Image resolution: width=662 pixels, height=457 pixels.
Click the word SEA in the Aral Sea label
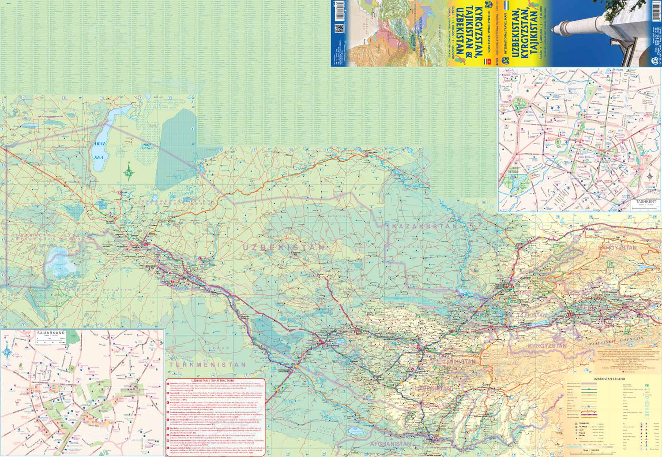pyautogui.click(x=98, y=157)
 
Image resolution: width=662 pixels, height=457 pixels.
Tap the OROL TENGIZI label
pyautogui.click(x=147, y=146)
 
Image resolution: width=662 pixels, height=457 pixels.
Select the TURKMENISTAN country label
pyautogui.click(x=207, y=365)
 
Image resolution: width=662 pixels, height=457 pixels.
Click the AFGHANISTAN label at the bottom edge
pyautogui.click(x=391, y=444)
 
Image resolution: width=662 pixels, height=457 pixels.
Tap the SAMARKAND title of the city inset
pyautogui.click(x=51, y=333)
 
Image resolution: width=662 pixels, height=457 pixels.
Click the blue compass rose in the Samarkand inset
pyautogui.click(x=8, y=351)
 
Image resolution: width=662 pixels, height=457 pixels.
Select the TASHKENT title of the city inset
pyautogui.click(x=646, y=202)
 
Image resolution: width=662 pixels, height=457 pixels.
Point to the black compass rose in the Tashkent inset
pyautogui.click(x=650, y=177)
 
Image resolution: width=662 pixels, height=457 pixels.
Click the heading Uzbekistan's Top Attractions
pyautogui.click(x=213, y=380)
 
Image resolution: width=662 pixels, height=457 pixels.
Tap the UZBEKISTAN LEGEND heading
pyautogui.click(x=609, y=379)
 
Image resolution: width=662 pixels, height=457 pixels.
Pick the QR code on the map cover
pyautogui.click(x=339, y=29)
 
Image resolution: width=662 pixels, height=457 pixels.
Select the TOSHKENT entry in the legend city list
pyautogui.click(x=584, y=423)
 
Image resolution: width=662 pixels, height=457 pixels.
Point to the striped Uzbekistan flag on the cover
pyautogui.click(x=507, y=6)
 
